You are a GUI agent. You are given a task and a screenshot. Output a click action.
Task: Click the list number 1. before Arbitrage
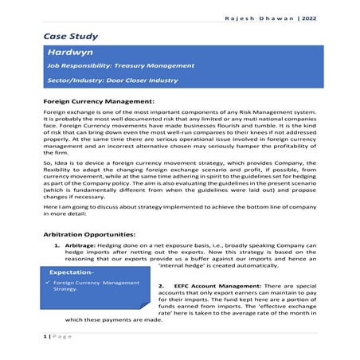[x=57, y=246]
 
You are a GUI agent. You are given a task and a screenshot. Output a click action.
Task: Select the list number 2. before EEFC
[x=162, y=284]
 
